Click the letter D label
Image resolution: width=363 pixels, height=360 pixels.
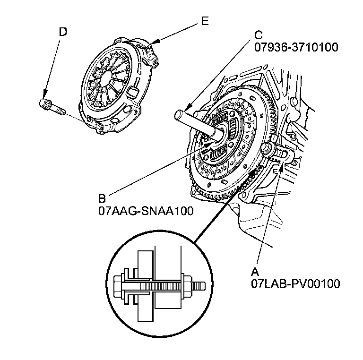63,32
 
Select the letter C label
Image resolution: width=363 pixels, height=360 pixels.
258,34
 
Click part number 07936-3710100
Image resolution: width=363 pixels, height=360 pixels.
296,47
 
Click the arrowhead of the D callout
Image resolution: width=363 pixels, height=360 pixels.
43,97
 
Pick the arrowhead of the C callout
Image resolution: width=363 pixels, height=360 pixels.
186,109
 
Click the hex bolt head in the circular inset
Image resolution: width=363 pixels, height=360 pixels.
118,286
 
